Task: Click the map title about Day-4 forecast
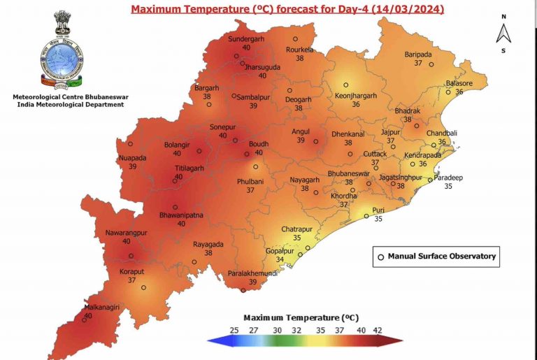287,10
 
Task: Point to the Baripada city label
419,55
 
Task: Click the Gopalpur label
280,251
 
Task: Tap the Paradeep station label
448,178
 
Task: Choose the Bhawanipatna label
181,215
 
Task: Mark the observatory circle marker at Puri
366,216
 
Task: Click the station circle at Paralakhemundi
243,290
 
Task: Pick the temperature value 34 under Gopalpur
280,259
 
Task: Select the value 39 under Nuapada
132,166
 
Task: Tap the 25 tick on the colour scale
234,329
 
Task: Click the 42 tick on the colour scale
377,329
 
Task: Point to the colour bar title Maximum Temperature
301,317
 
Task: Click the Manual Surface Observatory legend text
441,256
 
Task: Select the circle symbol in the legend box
381,257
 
